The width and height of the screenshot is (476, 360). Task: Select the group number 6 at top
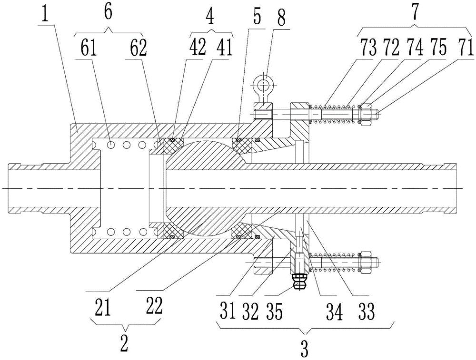click(x=109, y=12)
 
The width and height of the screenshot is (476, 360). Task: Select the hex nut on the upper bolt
click(x=365, y=114)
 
